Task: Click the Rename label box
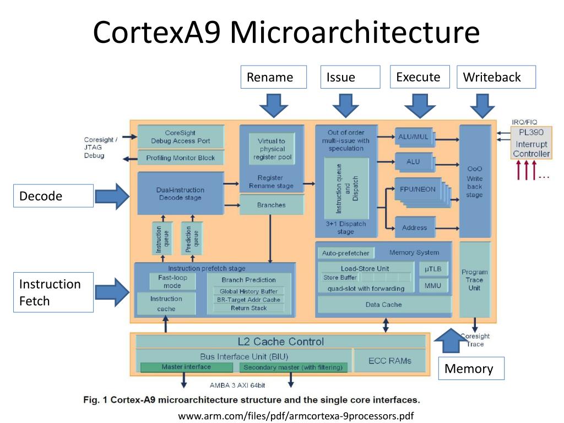[273, 77]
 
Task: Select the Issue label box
[350, 77]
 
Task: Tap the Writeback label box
[496, 77]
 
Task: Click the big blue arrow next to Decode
[113, 196]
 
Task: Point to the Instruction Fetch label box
[53, 292]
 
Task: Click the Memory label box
[471, 368]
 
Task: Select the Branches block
[272, 205]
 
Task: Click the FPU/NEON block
[417, 189]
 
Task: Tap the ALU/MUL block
[414, 137]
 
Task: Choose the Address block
[414, 227]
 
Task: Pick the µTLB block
[433, 268]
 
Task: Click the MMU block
[433, 285]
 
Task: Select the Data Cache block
[383, 305]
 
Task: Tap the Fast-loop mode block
[172, 281]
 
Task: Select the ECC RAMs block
[389, 361]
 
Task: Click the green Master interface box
[186, 367]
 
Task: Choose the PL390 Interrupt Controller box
[531, 143]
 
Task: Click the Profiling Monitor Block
[181, 158]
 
